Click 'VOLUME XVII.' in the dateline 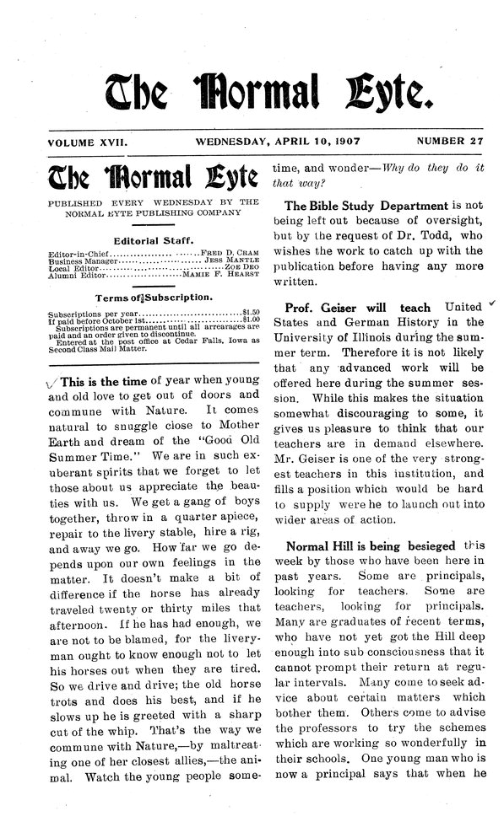[x=88, y=142]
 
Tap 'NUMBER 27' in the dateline [x=448, y=142]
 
